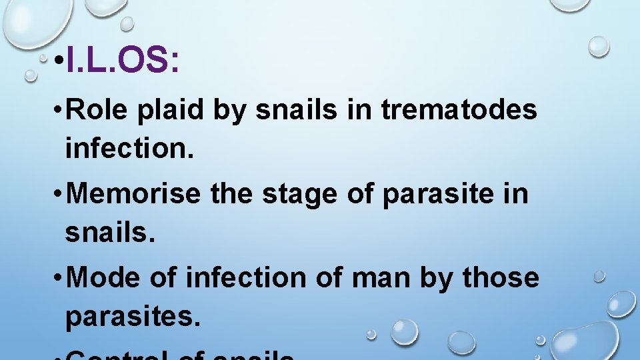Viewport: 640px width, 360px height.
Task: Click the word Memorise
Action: (133, 195)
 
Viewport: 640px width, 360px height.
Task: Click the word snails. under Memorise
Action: (108, 233)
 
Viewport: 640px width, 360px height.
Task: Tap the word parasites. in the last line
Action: (132, 317)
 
